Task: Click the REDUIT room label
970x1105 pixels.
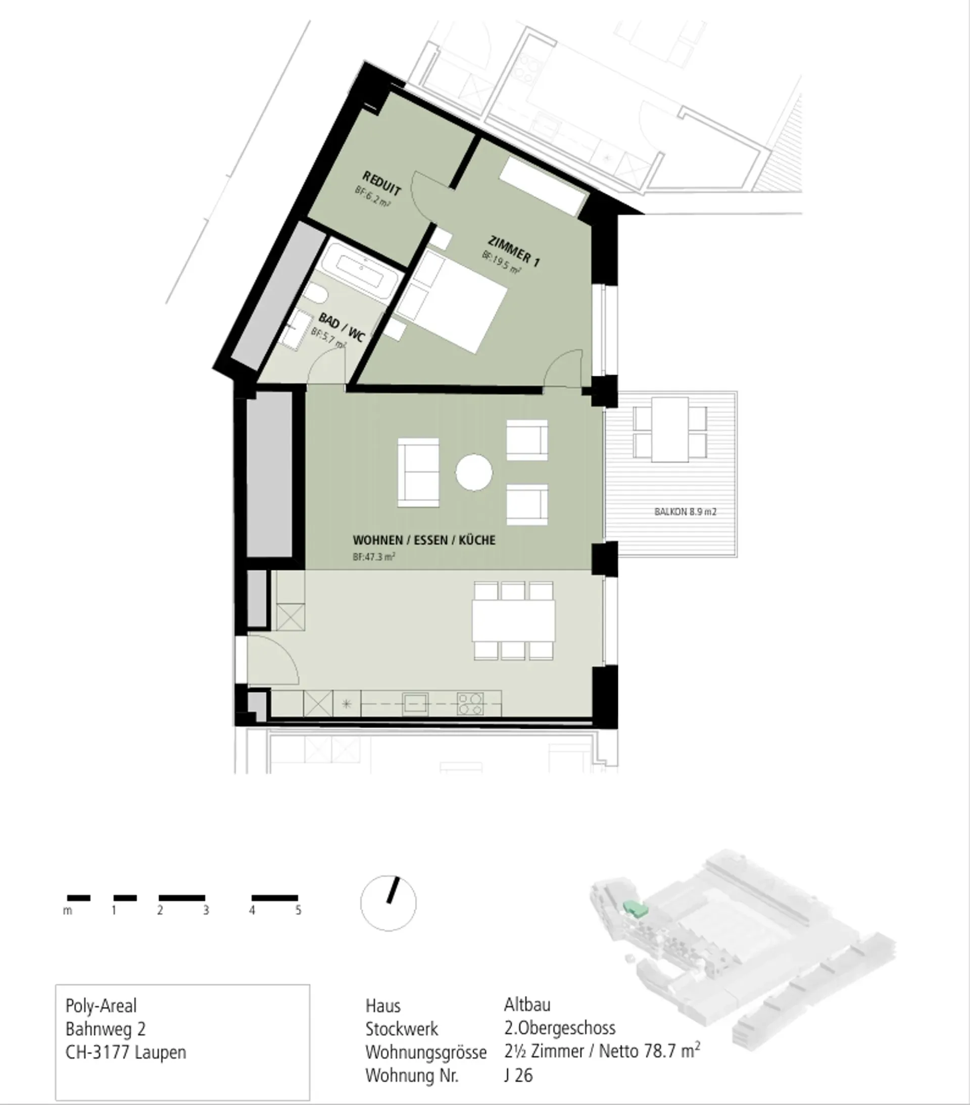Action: click(382, 183)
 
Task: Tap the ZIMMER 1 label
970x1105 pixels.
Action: click(514, 252)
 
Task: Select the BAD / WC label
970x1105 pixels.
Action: click(342, 327)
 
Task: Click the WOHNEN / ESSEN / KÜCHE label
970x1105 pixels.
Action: click(424, 540)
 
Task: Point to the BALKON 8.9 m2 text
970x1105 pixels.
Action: click(685, 512)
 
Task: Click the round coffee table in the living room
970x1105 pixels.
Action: click(474, 473)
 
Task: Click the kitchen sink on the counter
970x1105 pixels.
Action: click(415, 704)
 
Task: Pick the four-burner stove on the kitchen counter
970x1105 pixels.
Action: click(470, 704)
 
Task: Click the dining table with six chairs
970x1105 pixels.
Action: click(513, 621)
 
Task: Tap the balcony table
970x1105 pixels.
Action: click(670, 429)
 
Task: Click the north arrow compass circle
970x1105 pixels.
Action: click(388, 903)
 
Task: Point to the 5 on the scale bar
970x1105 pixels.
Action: click(298, 911)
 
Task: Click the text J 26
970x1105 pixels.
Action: click(518, 1075)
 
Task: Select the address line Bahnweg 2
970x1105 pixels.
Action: click(106, 1029)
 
